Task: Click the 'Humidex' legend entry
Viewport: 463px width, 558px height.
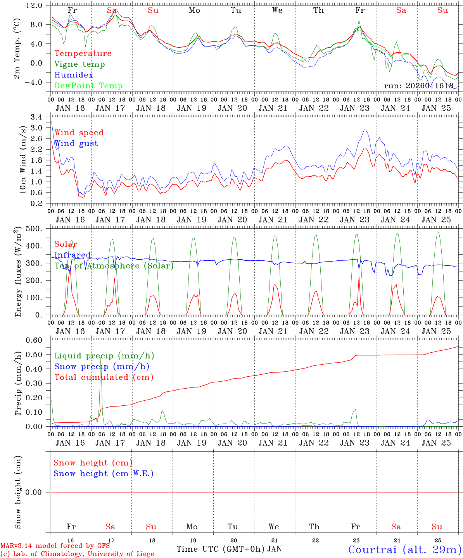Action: (68, 75)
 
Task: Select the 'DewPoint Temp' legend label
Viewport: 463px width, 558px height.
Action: (88, 86)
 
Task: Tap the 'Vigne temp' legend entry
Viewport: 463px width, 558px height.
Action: (79, 64)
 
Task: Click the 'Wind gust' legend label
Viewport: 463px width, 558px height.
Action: (76, 143)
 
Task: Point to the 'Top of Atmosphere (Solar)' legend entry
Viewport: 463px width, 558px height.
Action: (114, 266)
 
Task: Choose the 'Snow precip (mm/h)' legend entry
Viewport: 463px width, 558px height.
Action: (102, 367)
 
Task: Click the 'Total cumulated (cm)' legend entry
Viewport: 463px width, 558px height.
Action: (104, 377)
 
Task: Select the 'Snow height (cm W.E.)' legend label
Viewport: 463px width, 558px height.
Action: (104, 474)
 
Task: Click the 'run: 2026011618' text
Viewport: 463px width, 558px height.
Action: (418, 86)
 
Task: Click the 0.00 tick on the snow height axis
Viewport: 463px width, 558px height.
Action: (38, 492)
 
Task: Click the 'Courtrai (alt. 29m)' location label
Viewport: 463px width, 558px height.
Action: (404, 549)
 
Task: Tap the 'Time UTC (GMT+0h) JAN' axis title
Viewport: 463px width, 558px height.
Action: (229, 549)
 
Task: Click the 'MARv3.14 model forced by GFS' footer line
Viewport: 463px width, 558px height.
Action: (55, 546)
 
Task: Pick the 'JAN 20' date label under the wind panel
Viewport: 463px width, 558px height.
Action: (232, 220)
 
